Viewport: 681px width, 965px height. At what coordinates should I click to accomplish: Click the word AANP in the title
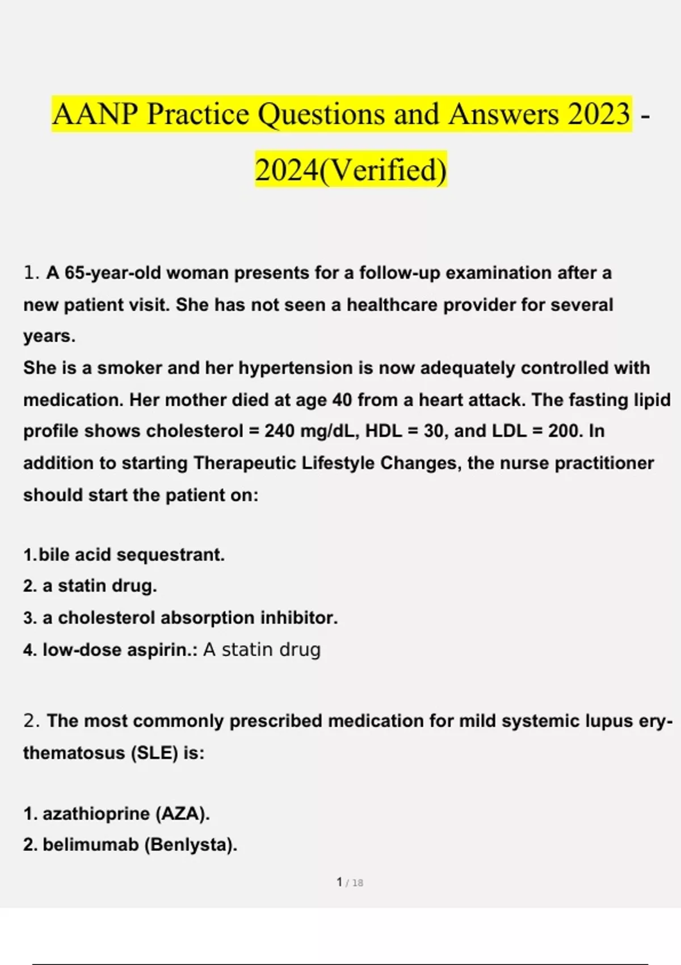[95, 114]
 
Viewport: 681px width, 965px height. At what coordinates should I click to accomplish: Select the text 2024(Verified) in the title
[351, 170]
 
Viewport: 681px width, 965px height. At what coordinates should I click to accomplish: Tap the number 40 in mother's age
[342, 400]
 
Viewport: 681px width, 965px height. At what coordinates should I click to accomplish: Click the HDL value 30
[434, 431]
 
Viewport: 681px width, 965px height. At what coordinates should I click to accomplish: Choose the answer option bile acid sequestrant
[131, 555]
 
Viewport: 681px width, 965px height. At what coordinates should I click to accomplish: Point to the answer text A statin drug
[262, 649]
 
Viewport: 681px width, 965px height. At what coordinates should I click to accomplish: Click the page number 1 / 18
[350, 883]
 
